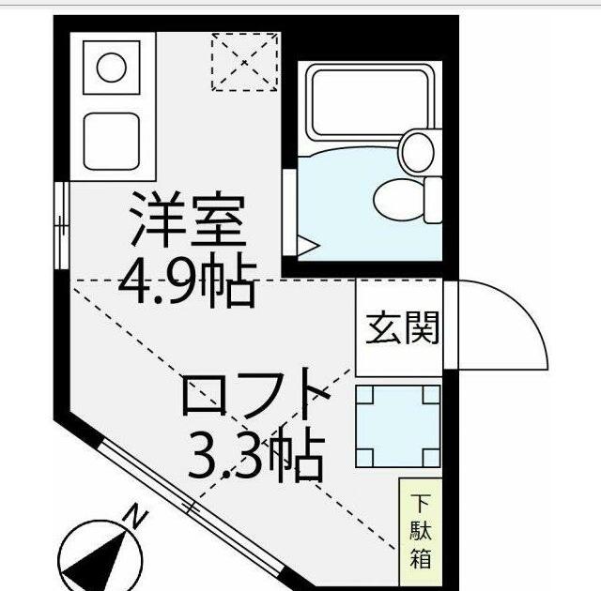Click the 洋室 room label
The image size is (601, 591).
[x=187, y=220]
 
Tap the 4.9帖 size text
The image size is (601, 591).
[x=187, y=279]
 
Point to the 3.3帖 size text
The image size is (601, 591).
[x=255, y=454]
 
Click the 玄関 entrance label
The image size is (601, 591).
[x=402, y=329]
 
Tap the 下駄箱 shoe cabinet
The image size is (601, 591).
[x=419, y=531]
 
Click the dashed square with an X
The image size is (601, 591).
[x=244, y=62]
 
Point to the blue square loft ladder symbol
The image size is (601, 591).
[x=398, y=426]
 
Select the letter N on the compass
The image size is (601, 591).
[x=137, y=516]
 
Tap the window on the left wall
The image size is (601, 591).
[x=60, y=225]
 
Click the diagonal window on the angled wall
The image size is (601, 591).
[x=193, y=508]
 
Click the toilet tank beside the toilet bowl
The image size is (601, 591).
[x=433, y=198]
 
